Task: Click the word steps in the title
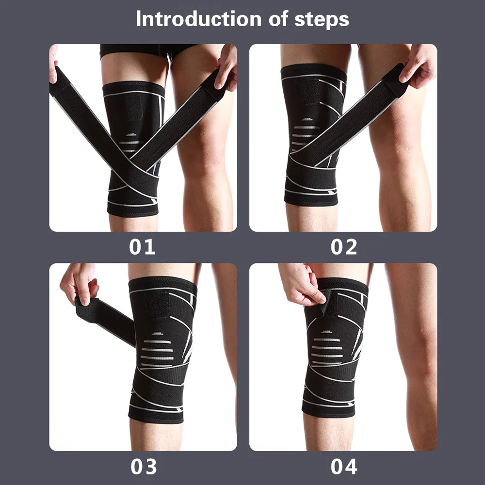pyautogui.click(x=322, y=19)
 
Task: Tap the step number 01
pyautogui.click(x=142, y=247)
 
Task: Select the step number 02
pyautogui.click(x=344, y=247)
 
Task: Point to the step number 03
pyautogui.click(x=144, y=467)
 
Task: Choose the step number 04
pyautogui.click(x=344, y=467)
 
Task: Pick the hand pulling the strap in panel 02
pyautogui.click(x=418, y=67)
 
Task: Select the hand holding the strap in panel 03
pyautogui.click(x=79, y=285)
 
